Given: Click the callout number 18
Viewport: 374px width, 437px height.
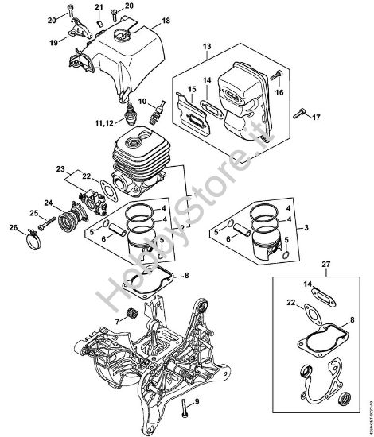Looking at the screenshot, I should pyautogui.click(x=166, y=20).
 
